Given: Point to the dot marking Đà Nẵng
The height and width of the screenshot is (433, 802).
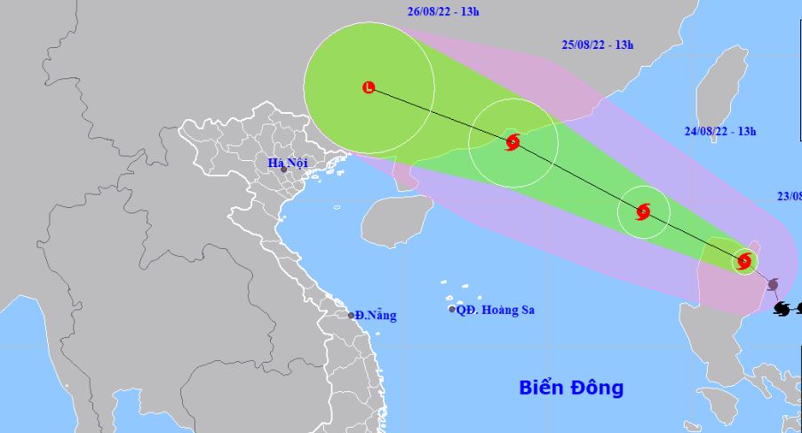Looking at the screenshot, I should pos(351,315).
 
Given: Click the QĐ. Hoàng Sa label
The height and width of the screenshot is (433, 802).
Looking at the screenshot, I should pos(496,310).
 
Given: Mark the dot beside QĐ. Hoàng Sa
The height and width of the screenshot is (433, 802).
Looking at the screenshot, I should pos(452,309).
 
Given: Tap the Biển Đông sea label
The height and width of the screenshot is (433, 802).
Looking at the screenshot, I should pos(571,388).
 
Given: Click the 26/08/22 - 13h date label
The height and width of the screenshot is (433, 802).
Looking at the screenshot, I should pos(433,12).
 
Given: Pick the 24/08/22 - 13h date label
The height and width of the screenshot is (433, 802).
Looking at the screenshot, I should pos(719,132).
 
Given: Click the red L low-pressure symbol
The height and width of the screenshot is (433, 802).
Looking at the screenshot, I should pos(369,87).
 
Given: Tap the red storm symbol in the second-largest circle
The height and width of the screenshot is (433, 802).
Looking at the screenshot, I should pos(512,141).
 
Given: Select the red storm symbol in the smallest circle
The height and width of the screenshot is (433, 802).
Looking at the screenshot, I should pos(744,261).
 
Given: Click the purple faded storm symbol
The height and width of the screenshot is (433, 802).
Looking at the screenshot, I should pos(772,285).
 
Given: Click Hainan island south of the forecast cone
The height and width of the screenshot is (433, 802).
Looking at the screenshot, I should pos(396,220).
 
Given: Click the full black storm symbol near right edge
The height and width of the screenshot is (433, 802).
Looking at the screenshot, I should pos(781,309).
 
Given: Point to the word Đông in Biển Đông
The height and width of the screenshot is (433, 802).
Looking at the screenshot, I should pos(596,388).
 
